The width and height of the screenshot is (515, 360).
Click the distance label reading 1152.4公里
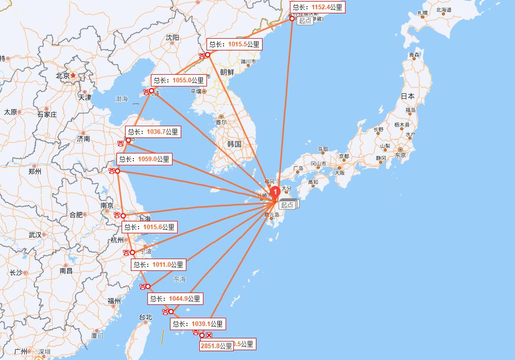(317, 7)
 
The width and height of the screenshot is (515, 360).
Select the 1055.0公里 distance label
(178, 80)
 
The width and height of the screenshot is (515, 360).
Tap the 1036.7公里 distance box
(152, 132)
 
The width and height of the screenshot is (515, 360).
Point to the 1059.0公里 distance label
(144, 159)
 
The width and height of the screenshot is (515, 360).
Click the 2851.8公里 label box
(216, 346)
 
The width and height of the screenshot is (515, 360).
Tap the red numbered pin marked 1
(275, 192)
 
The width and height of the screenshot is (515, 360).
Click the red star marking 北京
(74, 75)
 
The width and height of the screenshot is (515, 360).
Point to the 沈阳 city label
(172, 38)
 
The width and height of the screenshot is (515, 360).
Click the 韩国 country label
(234, 144)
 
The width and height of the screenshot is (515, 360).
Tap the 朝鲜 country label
(227, 72)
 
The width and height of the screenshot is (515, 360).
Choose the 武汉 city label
(35, 235)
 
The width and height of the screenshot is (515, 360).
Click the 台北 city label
(146, 317)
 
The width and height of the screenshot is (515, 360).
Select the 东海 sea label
(179, 279)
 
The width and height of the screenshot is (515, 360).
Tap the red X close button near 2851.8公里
(209, 335)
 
